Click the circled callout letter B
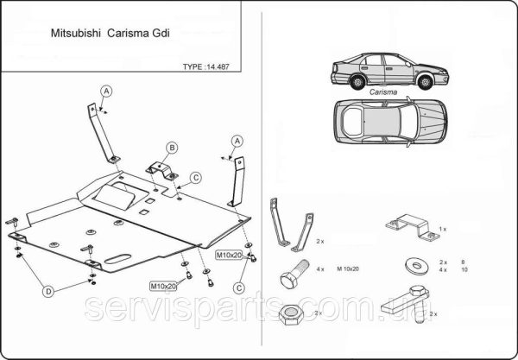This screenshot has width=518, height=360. point(173,148)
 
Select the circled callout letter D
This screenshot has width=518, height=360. point(49,292)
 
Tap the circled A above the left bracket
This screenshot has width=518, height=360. point(107,92)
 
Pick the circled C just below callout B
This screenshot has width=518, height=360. point(196,177)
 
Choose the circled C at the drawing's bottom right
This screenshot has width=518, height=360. point(238,284)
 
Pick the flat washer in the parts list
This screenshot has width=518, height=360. point(408,265)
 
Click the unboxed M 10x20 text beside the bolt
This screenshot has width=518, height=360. point(348,269)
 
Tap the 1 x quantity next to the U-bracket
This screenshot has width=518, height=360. point(442,228)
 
